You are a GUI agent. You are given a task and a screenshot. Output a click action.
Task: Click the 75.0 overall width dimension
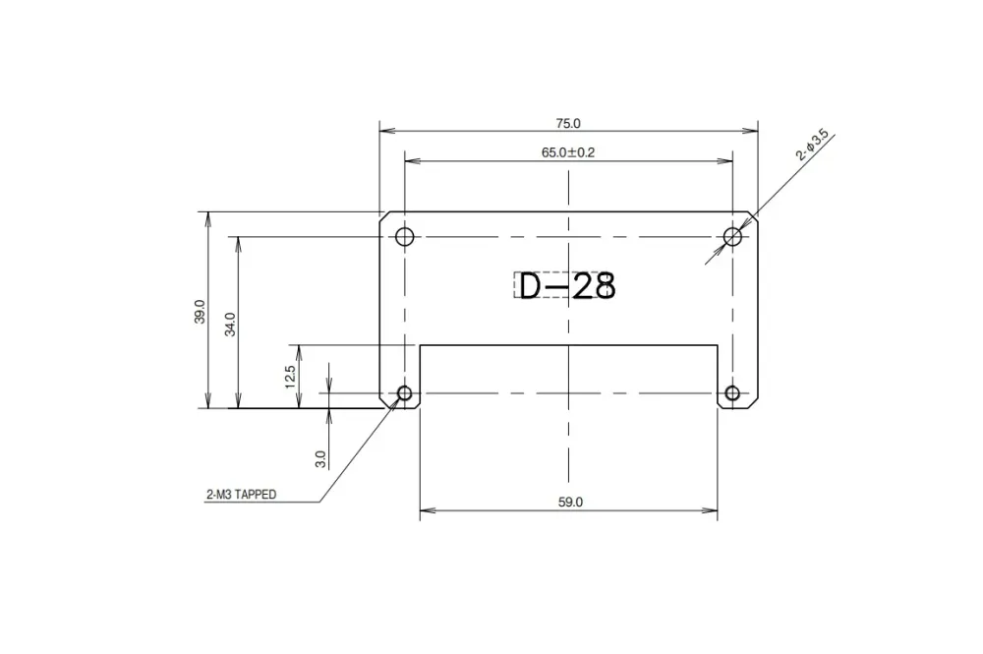tap(568, 123)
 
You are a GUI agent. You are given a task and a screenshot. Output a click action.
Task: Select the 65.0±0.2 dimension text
tap(568, 152)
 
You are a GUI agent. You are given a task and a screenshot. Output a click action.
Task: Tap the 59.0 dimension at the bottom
tap(570, 502)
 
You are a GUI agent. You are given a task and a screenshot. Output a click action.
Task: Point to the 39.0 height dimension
tap(200, 312)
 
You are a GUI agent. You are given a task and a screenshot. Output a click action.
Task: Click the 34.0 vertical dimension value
tap(230, 324)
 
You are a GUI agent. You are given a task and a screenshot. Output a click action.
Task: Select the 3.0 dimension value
tap(320, 458)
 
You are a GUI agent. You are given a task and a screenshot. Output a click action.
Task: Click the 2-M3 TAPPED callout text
tap(241, 496)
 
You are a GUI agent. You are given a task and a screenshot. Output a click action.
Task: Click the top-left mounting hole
tap(404, 236)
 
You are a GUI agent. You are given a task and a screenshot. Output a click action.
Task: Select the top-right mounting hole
tap(732, 236)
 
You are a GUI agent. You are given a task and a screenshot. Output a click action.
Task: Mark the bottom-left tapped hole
tap(404, 394)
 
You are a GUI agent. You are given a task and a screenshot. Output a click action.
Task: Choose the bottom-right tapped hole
tap(732, 394)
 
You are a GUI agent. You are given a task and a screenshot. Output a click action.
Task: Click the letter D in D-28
tap(531, 286)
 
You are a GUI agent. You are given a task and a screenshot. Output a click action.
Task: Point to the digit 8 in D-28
tap(603, 286)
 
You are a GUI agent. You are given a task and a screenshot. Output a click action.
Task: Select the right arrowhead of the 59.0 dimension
tap(712, 509)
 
